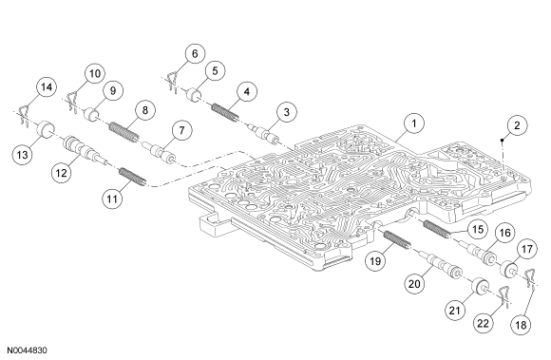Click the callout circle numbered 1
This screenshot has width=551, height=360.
(x=414, y=123)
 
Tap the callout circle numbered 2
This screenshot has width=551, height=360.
(x=517, y=125)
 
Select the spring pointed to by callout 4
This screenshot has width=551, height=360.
(x=225, y=112)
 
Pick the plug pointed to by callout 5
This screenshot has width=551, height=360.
(x=194, y=95)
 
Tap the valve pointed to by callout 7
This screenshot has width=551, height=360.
(x=160, y=152)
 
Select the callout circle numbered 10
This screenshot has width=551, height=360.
(x=95, y=74)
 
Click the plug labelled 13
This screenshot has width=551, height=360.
(x=45, y=131)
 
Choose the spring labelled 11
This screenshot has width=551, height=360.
(x=132, y=177)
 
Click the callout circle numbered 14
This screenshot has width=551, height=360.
(x=47, y=87)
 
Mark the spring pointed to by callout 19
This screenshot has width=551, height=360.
(x=396, y=240)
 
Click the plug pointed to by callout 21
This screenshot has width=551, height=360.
(x=481, y=286)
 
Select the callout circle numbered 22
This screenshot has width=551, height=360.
(x=483, y=323)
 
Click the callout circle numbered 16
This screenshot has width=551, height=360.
(x=504, y=233)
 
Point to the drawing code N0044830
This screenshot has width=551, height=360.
(x=27, y=351)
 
